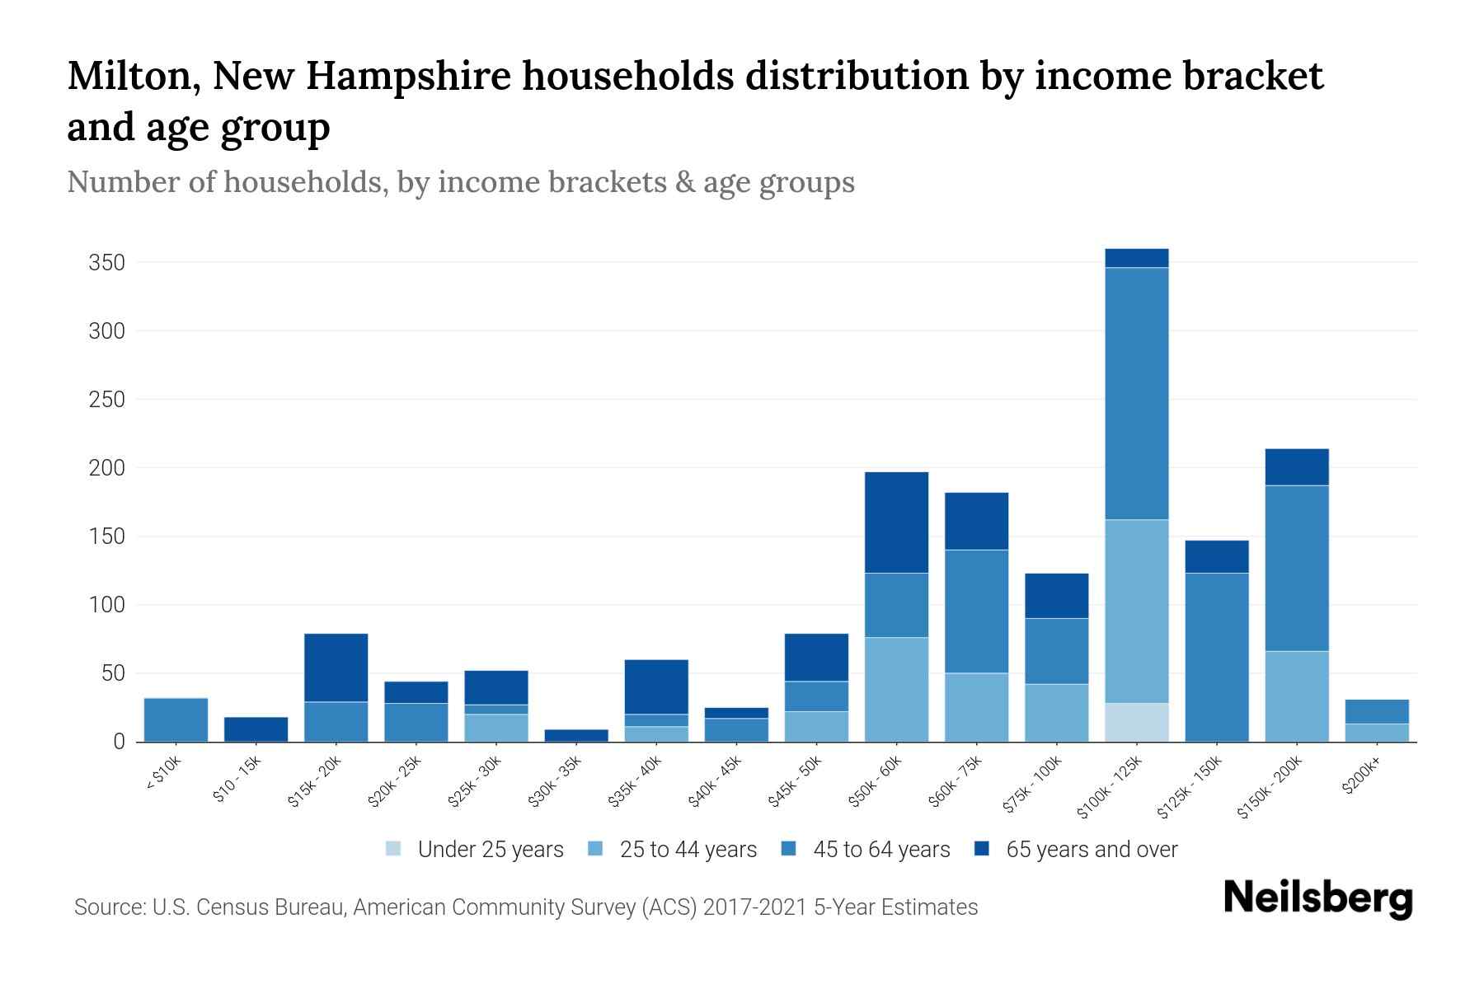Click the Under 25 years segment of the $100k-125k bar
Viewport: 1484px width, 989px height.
tap(1136, 722)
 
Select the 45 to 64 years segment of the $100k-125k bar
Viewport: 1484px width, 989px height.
tap(1136, 393)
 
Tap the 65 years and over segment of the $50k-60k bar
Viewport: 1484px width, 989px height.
tap(896, 523)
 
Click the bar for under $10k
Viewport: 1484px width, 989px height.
tap(176, 719)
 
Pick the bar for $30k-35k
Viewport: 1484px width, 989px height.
tap(576, 735)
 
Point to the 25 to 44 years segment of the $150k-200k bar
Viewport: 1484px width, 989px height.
tap(1296, 696)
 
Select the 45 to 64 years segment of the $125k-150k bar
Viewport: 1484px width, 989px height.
tap(1216, 657)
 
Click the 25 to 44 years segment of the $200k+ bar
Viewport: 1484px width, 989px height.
tap(1376, 733)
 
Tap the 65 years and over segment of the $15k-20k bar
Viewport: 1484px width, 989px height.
tap(336, 668)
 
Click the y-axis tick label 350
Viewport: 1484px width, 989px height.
tap(106, 263)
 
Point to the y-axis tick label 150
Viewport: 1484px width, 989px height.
tap(106, 537)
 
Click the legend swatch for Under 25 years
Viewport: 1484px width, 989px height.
tap(394, 849)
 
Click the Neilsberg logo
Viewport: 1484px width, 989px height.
tap(1317, 898)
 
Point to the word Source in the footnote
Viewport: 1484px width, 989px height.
tap(109, 907)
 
